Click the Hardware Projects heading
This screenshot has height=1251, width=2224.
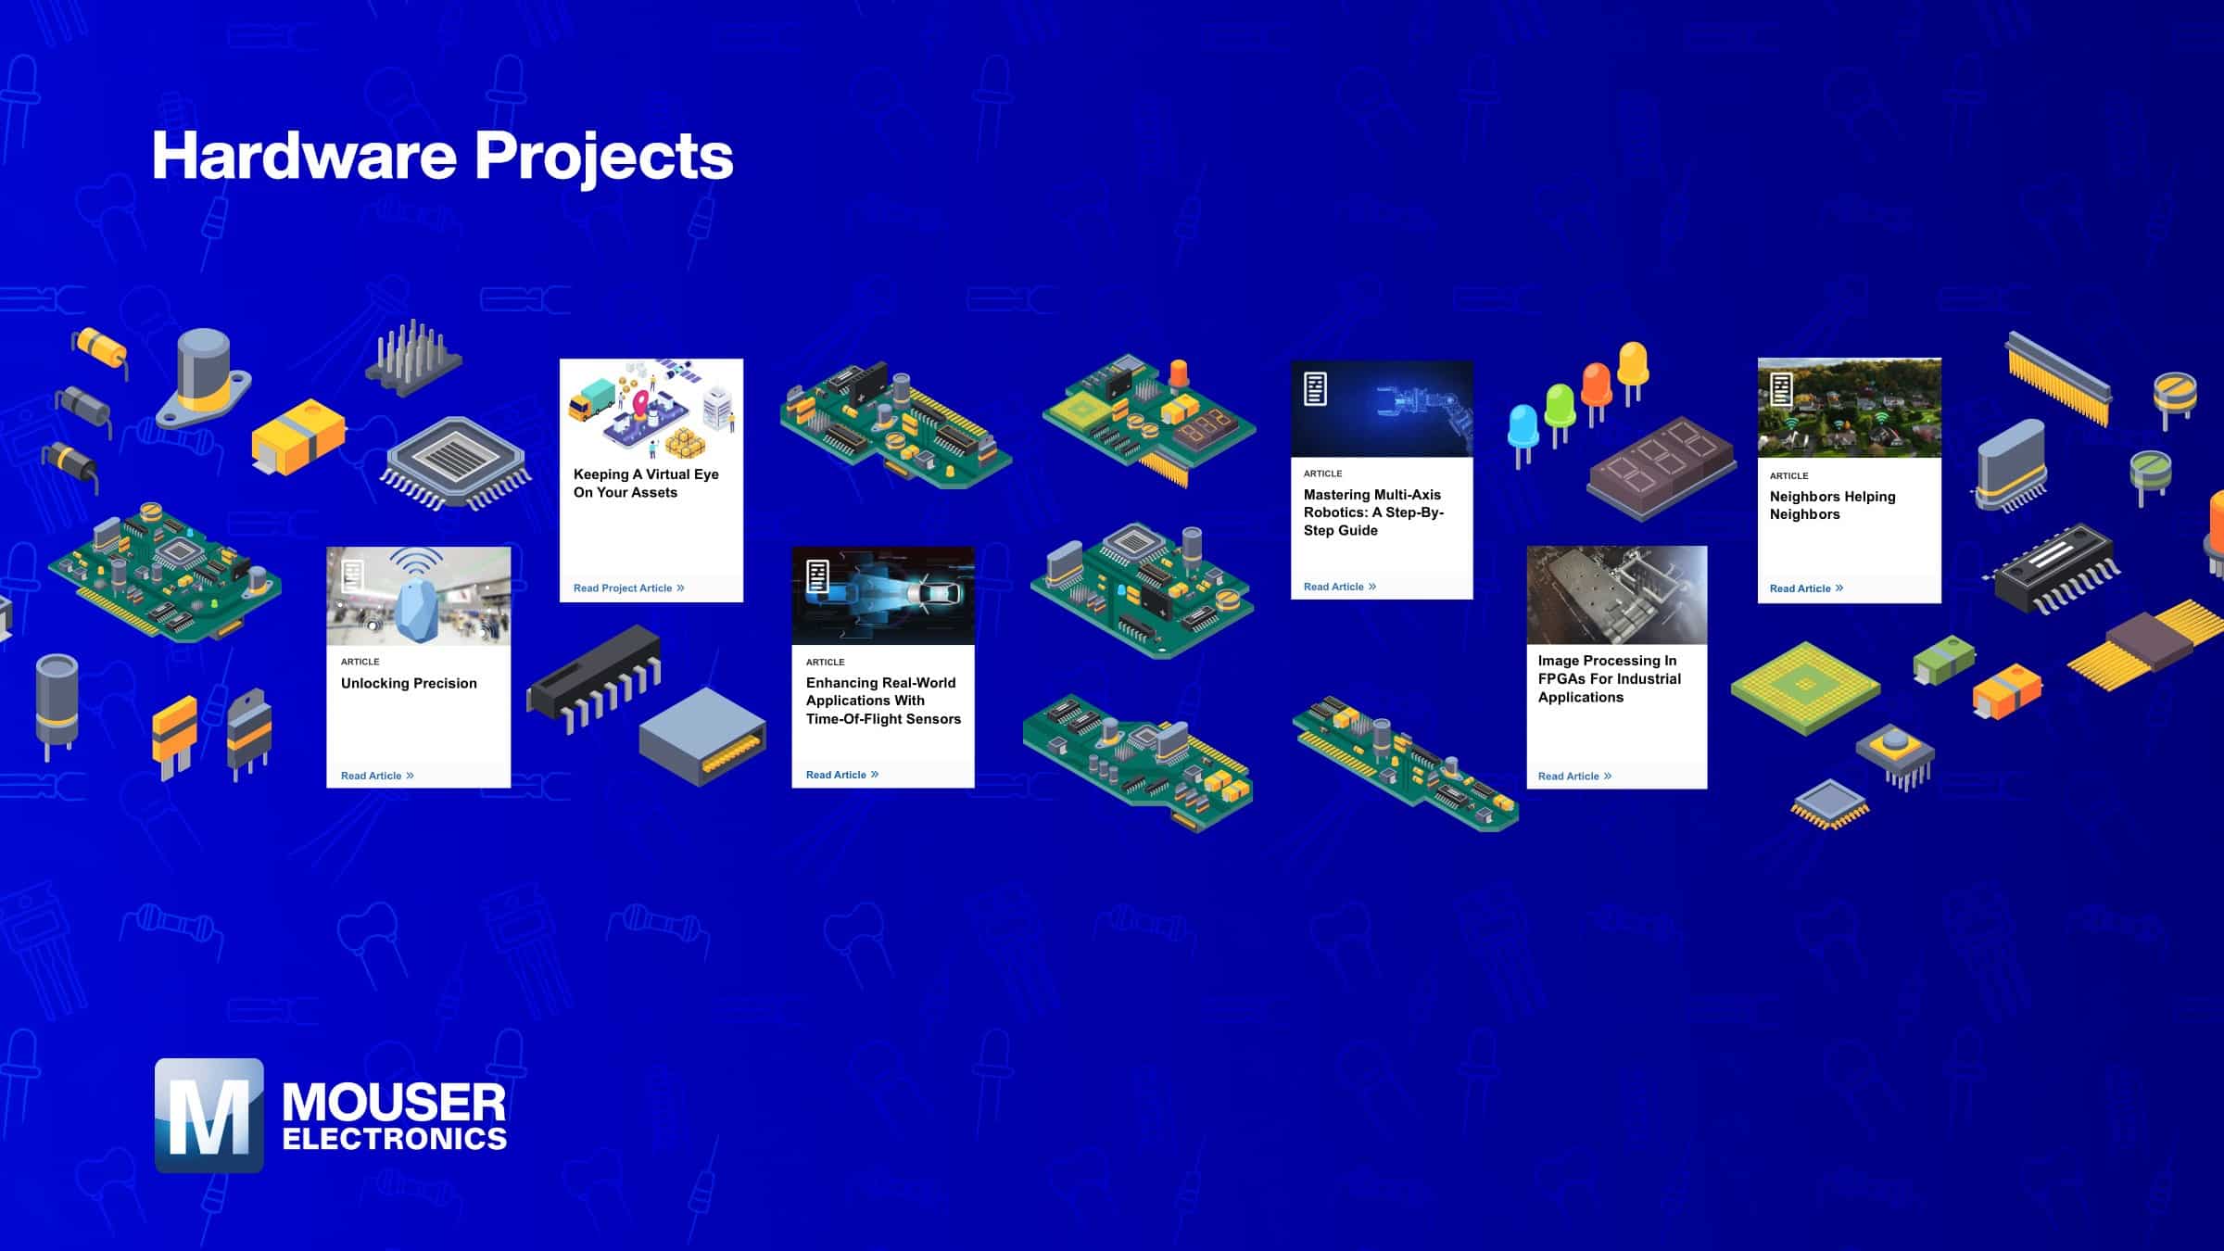pyautogui.click(x=442, y=156)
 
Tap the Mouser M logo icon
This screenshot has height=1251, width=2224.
pyautogui.click(x=209, y=1115)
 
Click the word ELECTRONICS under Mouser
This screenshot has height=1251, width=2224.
pyautogui.click(x=395, y=1139)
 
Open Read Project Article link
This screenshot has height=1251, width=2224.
pyautogui.click(x=628, y=588)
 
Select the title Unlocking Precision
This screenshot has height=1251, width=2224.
pyautogui.click(x=409, y=683)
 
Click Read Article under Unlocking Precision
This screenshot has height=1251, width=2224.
pyautogui.click(x=377, y=776)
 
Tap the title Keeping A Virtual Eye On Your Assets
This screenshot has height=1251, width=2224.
pyautogui.click(x=646, y=483)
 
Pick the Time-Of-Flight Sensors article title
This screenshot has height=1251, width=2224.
pyautogui.click(x=883, y=701)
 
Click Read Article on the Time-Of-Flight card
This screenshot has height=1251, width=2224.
pyautogui.click(x=842, y=775)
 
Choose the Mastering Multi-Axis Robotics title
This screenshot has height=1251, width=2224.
pyautogui.click(x=1373, y=512)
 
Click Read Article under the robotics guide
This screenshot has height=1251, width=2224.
pyautogui.click(x=1340, y=587)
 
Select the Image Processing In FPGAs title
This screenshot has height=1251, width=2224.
pyautogui.click(x=1609, y=678)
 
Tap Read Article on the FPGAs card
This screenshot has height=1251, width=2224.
pyautogui.click(x=1574, y=777)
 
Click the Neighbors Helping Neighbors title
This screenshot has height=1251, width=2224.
pyautogui.click(x=1832, y=505)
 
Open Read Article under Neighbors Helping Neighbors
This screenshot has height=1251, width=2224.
pyautogui.click(x=1806, y=588)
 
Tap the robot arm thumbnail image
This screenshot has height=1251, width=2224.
pyautogui.click(x=1382, y=408)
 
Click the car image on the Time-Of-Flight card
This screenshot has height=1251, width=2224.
pyautogui.click(x=883, y=595)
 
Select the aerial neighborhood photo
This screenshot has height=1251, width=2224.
pyautogui.click(x=1850, y=408)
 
